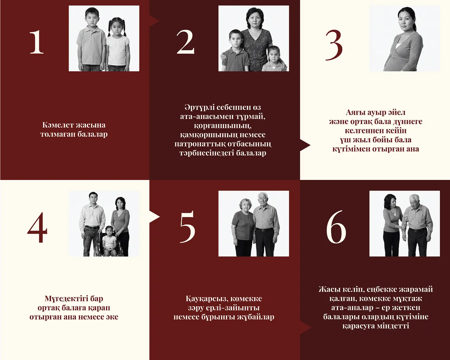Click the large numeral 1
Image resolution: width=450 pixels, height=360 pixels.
coord(37,42)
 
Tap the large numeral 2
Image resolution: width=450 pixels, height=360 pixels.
coord(185,42)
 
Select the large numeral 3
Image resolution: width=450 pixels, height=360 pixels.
coord(334,45)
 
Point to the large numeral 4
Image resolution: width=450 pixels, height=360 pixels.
coord(37,227)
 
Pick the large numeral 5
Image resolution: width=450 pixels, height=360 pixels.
coord(188,227)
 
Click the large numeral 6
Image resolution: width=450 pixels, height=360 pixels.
coord(336,227)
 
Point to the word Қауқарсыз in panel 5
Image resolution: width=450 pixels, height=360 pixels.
coord(205,299)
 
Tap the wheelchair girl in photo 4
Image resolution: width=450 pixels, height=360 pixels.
coord(109,241)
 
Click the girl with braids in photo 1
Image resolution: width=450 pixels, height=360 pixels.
coord(118,44)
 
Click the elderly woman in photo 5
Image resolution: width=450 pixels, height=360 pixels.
coord(243,227)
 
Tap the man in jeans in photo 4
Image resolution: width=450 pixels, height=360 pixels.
coord(92,224)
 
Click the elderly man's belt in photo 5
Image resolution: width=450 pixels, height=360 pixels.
coord(264,230)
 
